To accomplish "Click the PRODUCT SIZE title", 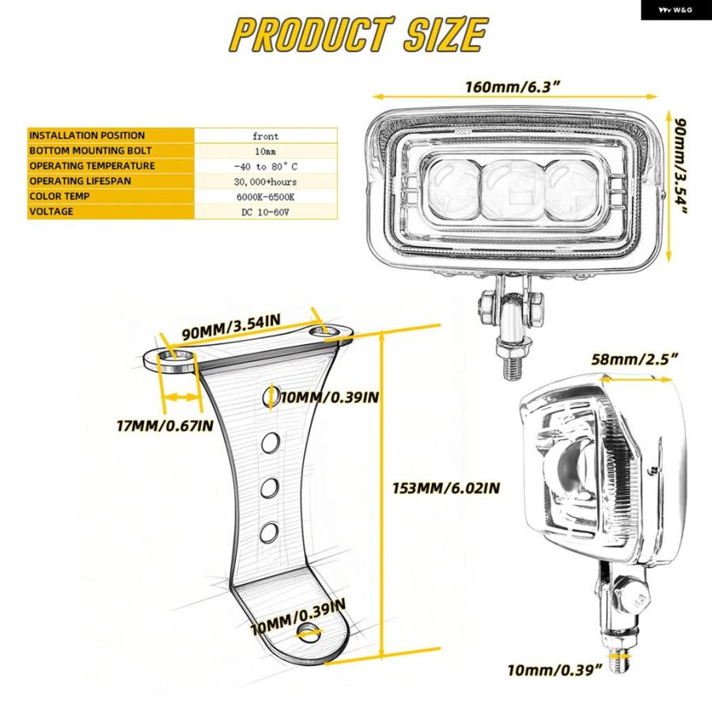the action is tap(358, 34).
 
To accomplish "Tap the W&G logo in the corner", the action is tap(676, 10).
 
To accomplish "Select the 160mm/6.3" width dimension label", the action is tap(512, 87).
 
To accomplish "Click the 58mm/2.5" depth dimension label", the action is tap(634, 359).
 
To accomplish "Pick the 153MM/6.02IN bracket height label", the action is tap(446, 488).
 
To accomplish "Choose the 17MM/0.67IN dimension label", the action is tap(165, 426).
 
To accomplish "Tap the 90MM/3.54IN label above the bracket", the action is tap(231, 327).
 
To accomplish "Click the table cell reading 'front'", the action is tap(266, 136).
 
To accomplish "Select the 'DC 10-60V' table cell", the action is tap(265, 212).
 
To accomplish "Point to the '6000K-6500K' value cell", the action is tap(265, 197).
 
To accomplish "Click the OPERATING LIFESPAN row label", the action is tap(80, 180).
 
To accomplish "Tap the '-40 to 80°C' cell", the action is tap(266, 166).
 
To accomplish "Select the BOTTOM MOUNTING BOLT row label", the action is tap(90, 150).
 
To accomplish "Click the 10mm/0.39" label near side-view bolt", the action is tap(554, 670).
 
